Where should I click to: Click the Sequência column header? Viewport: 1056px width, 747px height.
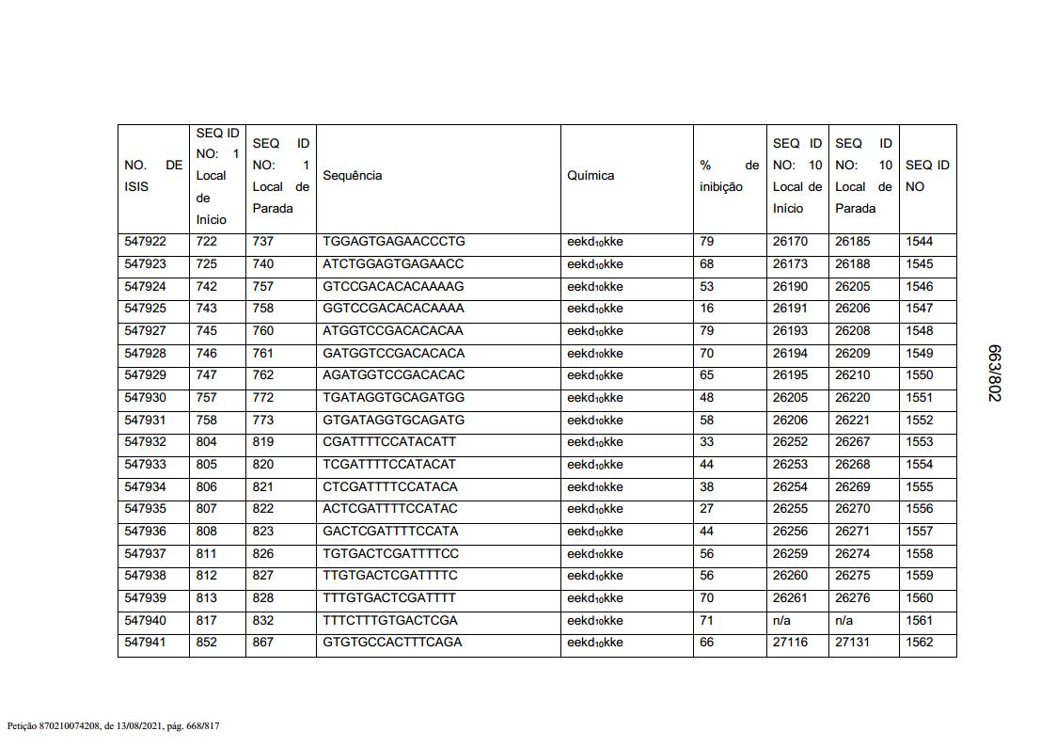352,176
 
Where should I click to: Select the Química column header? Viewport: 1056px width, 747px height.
591,176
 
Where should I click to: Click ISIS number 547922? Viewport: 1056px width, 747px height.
145,242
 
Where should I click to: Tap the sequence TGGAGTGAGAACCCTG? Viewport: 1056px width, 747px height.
393,242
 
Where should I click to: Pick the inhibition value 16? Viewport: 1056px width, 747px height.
706,309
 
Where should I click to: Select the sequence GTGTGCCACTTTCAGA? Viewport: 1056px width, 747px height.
392,643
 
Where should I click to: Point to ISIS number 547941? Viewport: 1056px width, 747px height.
145,643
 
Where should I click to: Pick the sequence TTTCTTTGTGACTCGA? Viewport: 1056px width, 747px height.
390,621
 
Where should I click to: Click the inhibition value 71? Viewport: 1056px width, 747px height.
706,621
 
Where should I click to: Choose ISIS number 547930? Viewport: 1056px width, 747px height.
145,398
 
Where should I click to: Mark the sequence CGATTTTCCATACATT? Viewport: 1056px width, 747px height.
389,442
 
